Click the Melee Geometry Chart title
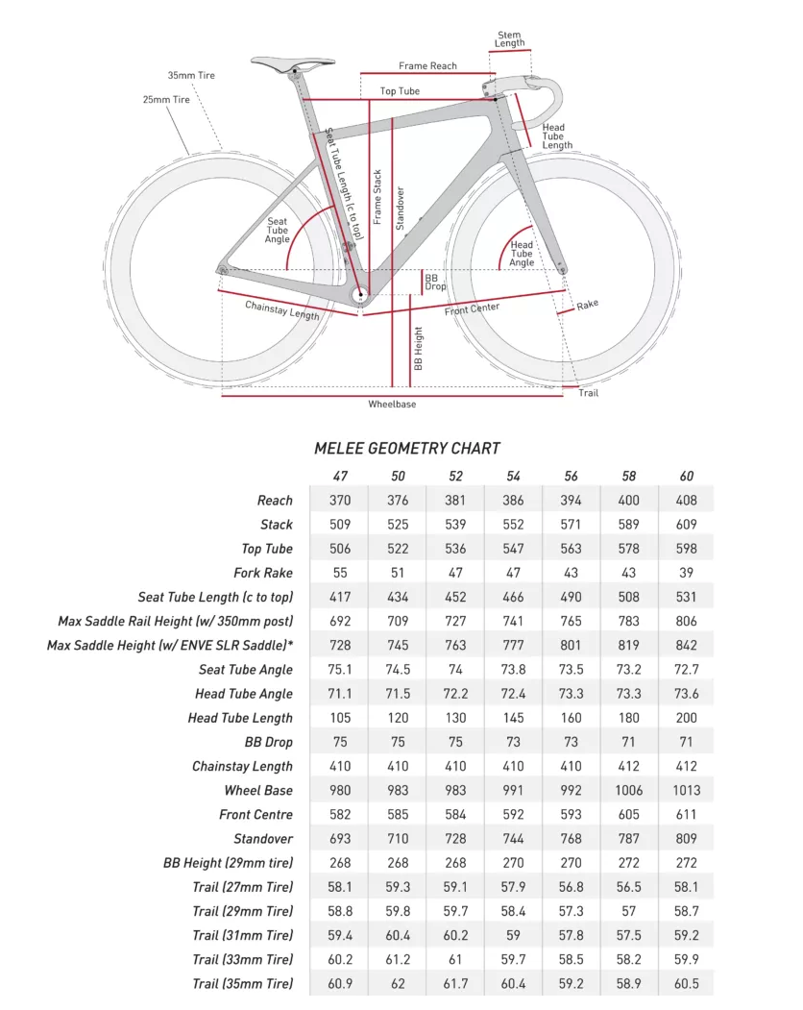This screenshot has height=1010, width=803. (407, 449)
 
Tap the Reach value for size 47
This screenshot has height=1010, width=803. (340, 501)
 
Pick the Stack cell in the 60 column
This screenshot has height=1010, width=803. (686, 525)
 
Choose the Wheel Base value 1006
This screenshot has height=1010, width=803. (628, 791)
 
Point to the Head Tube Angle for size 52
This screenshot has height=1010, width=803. (455, 694)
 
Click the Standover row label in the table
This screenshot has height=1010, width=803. (263, 839)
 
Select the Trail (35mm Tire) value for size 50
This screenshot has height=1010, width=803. (398, 984)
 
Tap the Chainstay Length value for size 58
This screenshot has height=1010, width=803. (628, 767)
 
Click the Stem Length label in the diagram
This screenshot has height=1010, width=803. (510, 39)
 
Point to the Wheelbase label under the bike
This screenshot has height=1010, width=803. (392, 405)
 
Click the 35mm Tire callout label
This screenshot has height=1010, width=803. (191, 75)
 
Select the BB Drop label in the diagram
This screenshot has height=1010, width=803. (435, 282)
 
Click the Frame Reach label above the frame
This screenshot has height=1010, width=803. (428, 66)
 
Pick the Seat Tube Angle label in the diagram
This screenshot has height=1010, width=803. (277, 231)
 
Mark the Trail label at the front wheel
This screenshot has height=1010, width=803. (588, 393)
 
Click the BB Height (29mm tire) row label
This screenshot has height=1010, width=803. (228, 863)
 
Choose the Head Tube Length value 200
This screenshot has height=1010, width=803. (686, 718)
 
